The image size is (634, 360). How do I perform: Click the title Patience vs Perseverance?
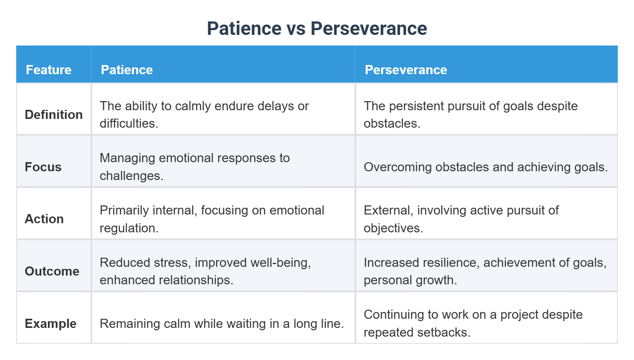(317, 29)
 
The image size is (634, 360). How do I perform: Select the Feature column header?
(48, 70)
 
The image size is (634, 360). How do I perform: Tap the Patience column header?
(127, 70)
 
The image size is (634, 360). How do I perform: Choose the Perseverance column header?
(406, 70)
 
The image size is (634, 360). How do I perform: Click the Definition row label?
(53, 115)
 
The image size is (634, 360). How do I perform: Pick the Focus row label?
(43, 167)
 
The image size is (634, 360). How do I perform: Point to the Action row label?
(44, 219)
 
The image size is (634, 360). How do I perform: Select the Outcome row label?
(52, 271)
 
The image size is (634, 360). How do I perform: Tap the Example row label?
(50, 324)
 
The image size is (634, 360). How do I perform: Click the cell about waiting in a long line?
(222, 324)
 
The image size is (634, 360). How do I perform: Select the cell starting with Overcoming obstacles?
(485, 167)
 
